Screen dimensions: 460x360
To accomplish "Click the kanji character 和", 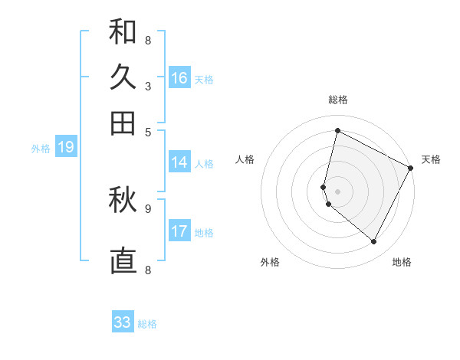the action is coord(123,32).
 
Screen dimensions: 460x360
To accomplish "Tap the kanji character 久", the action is coord(123,77).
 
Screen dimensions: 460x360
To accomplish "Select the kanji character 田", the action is coord(123,122).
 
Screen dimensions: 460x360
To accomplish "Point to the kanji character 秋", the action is coord(123,201).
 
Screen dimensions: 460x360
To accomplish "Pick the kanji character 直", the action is coord(123,260).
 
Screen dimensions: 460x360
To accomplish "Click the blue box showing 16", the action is coord(179,78).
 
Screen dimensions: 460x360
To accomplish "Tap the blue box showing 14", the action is coord(179,162).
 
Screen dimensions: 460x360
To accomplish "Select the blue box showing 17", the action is coord(179,231).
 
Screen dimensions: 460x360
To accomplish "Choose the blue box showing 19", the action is coord(66,147).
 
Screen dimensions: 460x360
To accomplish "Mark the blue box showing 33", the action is coord(123,322).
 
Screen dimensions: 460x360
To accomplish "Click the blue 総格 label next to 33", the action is coord(147,324).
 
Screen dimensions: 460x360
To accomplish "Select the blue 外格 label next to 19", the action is coord(41,149).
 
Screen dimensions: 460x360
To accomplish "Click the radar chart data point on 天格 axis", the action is coord(411,169).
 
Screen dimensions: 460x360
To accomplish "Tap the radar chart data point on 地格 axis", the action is coord(374,242).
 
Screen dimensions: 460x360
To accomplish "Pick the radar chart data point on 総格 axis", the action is coord(337,130).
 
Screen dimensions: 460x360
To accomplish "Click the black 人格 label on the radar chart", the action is coord(245,159).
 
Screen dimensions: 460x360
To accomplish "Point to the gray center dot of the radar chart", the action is coord(337,191).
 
